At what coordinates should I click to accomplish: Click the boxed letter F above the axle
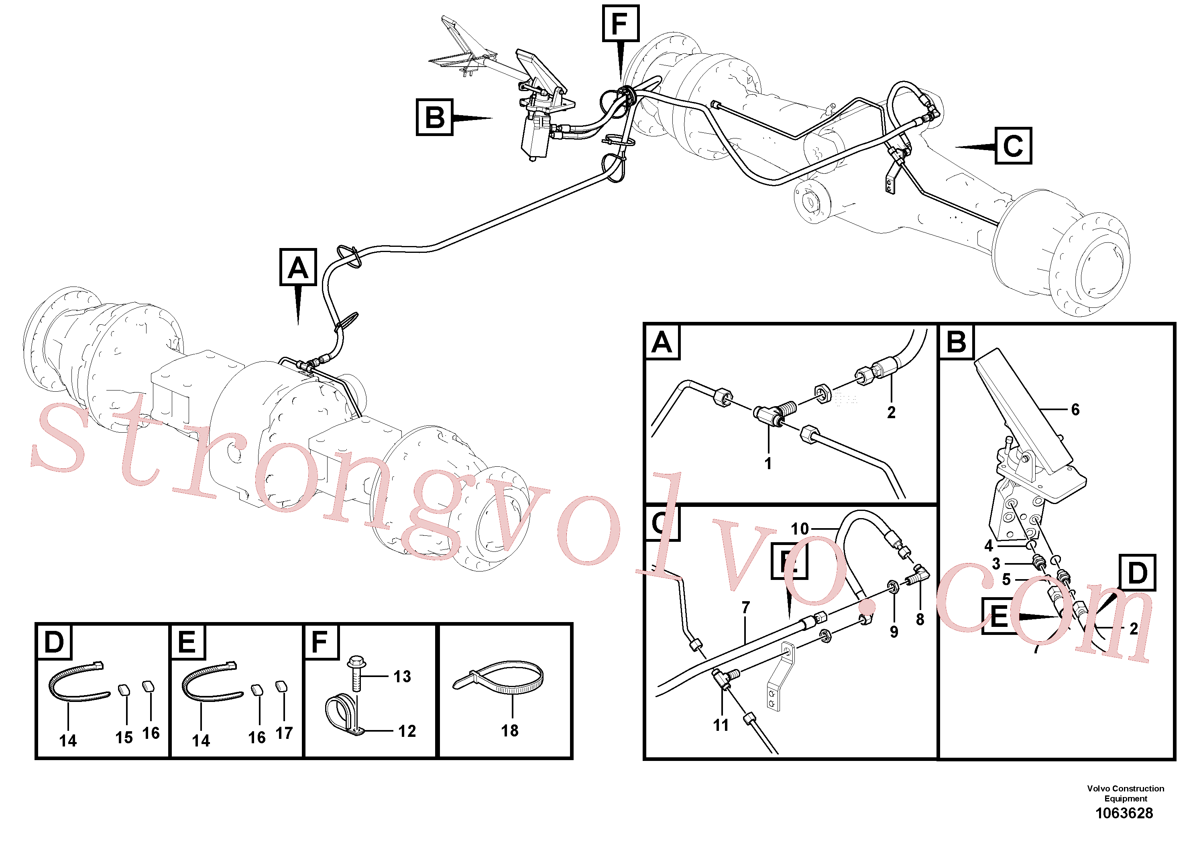pos(621,23)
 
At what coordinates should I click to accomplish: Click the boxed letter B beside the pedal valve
pos(435,118)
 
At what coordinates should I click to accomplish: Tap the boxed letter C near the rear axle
pos(1013,146)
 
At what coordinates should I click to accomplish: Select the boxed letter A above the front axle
pos(298,267)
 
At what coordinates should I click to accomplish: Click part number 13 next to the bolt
pos(402,677)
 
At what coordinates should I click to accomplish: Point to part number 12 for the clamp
pos(407,731)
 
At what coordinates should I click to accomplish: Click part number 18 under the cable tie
pos(509,730)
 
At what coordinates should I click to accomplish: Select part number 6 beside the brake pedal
pos(1075,409)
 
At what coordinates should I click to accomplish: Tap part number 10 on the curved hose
pos(800,529)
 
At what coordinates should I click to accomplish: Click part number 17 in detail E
pos(284,733)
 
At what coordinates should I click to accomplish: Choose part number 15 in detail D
pos(124,737)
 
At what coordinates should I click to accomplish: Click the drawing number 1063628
pos(1124,813)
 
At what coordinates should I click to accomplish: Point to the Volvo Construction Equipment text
pos(1125,793)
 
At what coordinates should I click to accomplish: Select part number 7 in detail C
pos(746,607)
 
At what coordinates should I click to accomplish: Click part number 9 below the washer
pos(894,632)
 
